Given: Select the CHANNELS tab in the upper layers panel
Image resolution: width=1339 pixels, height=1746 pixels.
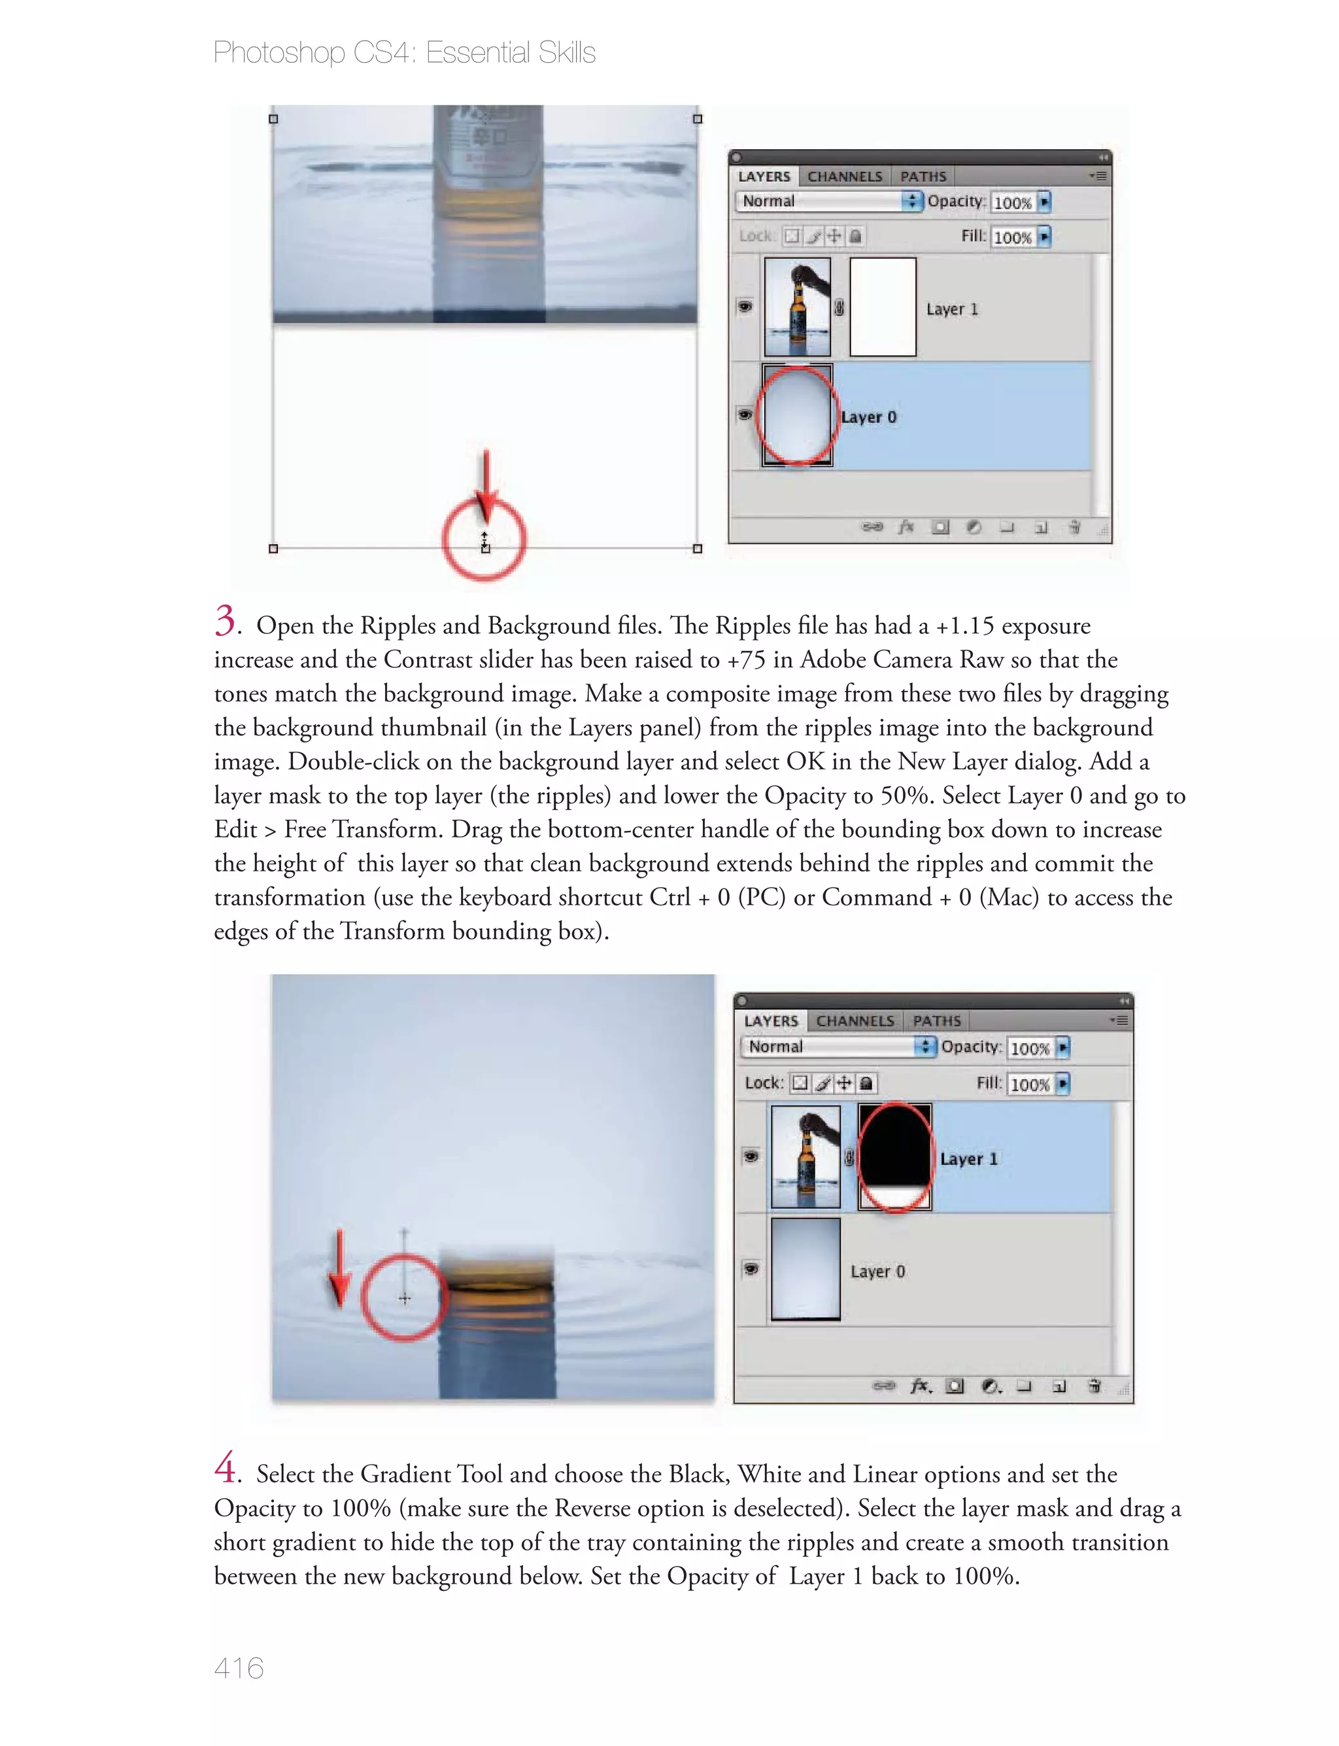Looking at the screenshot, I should coord(844,176).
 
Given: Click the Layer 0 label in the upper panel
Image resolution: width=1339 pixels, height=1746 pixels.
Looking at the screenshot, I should coord(869,417).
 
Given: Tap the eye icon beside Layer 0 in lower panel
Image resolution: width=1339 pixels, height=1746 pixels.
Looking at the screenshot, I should coord(751,1268).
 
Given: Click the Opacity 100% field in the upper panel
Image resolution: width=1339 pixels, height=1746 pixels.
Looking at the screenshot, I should coord(1013,203).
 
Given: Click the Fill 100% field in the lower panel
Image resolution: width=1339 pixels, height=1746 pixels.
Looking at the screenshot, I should coord(1030,1084).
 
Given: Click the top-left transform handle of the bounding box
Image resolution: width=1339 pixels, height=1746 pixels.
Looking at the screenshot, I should coord(273,119).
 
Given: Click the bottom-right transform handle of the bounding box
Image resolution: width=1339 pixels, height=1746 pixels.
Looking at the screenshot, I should coord(698,548).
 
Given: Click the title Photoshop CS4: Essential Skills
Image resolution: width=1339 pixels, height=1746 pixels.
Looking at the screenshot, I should coord(404,52).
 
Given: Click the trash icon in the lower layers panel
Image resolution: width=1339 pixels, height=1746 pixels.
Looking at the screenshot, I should coord(1094,1386).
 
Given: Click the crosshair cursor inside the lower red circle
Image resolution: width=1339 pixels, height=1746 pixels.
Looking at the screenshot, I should coord(405,1298).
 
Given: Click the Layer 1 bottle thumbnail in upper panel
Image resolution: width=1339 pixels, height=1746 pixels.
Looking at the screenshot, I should coord(797,306).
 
